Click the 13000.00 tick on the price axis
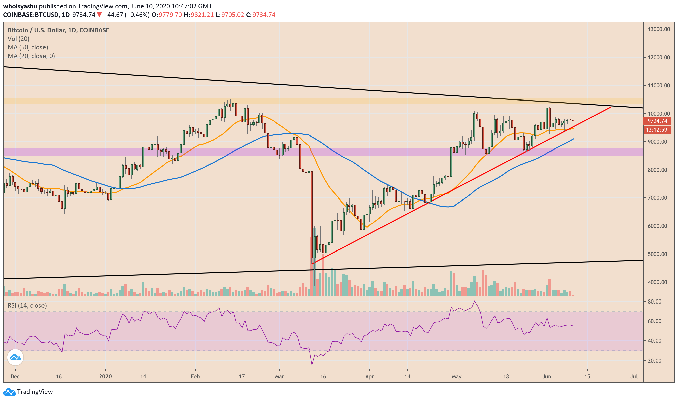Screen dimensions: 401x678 click(x=659, y=29)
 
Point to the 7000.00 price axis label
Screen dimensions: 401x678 click(x=659, y=198)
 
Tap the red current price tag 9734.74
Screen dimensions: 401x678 click(x=657, y=121)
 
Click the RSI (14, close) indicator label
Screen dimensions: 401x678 click(x=27, y=305)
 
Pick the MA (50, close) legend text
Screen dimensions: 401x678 click(x=28, y=47)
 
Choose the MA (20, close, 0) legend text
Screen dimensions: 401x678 click(x=31, y=56)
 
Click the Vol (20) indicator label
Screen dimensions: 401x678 click(x=18, y=39)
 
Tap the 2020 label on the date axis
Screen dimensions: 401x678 click(x=105, y=376)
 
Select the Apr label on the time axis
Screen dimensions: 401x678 click(x=369, y=376)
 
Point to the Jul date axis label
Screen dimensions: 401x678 click(x=634, y=376)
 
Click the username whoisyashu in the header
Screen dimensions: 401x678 click(x=20, y=6)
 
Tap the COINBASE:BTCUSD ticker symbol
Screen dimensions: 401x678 click(x=31, y=15)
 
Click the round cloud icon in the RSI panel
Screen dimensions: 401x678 click(x=15, y=357)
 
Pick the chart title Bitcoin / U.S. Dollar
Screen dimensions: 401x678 click(x=37, y=30)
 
